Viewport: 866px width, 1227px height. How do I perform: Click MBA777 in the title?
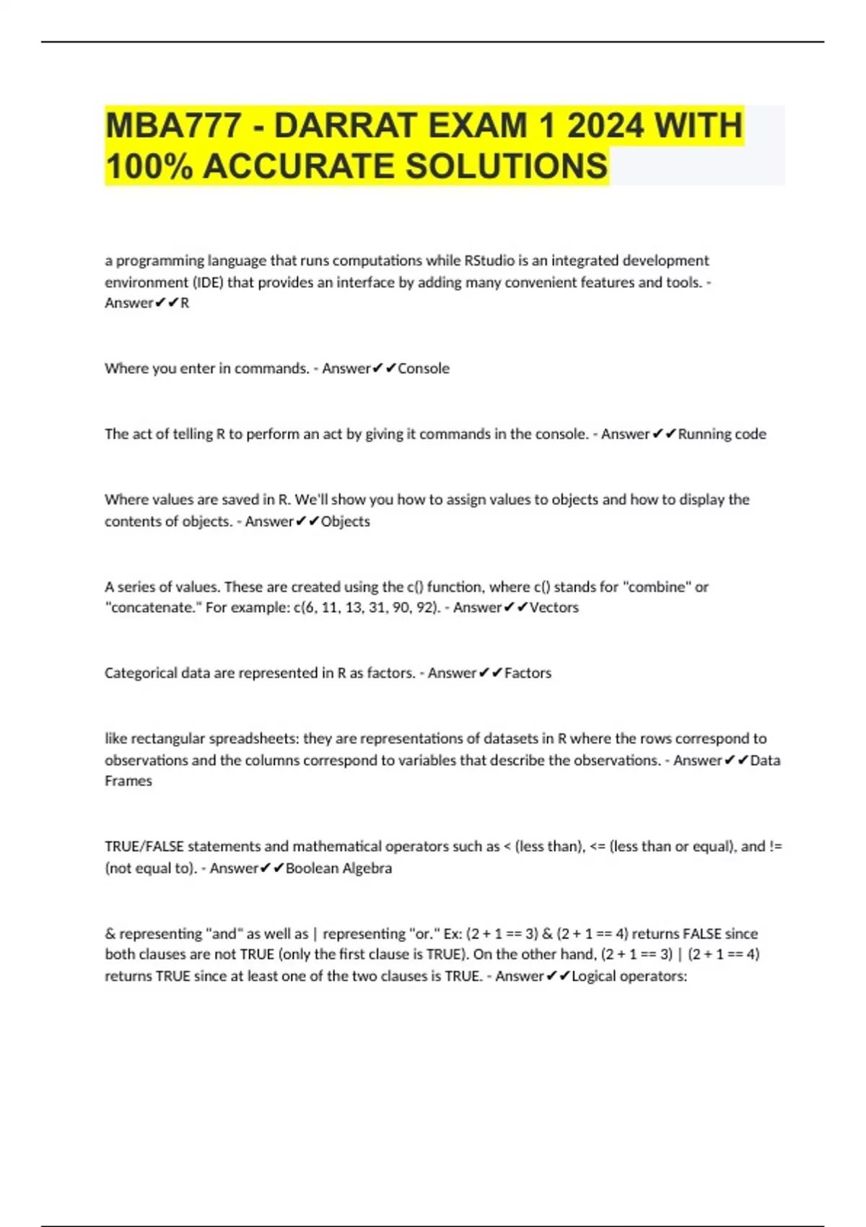pyautogui.click(x=173, y=126)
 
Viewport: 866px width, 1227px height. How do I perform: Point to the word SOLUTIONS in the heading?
pyautogui.click(x=506, y=166)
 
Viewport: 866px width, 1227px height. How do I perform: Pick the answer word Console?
pyautogui.click(x=424, y=369)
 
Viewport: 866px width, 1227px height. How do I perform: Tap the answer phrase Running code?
pyautogui.click(x=722, y=435)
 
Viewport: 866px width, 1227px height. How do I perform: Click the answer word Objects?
pyautogui.click(x=345, y=522)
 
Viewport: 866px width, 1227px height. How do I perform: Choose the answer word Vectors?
pyautogui.click(x=554, y=608)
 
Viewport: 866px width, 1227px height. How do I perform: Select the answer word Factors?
pyautogui.click(x=528, y=673)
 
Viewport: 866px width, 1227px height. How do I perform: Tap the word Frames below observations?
pyautogui.click(x=128, y=781)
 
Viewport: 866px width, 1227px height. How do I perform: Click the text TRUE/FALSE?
pyautogui.click(x=144, y=847)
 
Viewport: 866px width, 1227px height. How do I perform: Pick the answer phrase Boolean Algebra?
pyautogui.click(x=338, y=868)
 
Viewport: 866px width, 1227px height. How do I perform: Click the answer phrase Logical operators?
pyautogui.click(x=629, y=977)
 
